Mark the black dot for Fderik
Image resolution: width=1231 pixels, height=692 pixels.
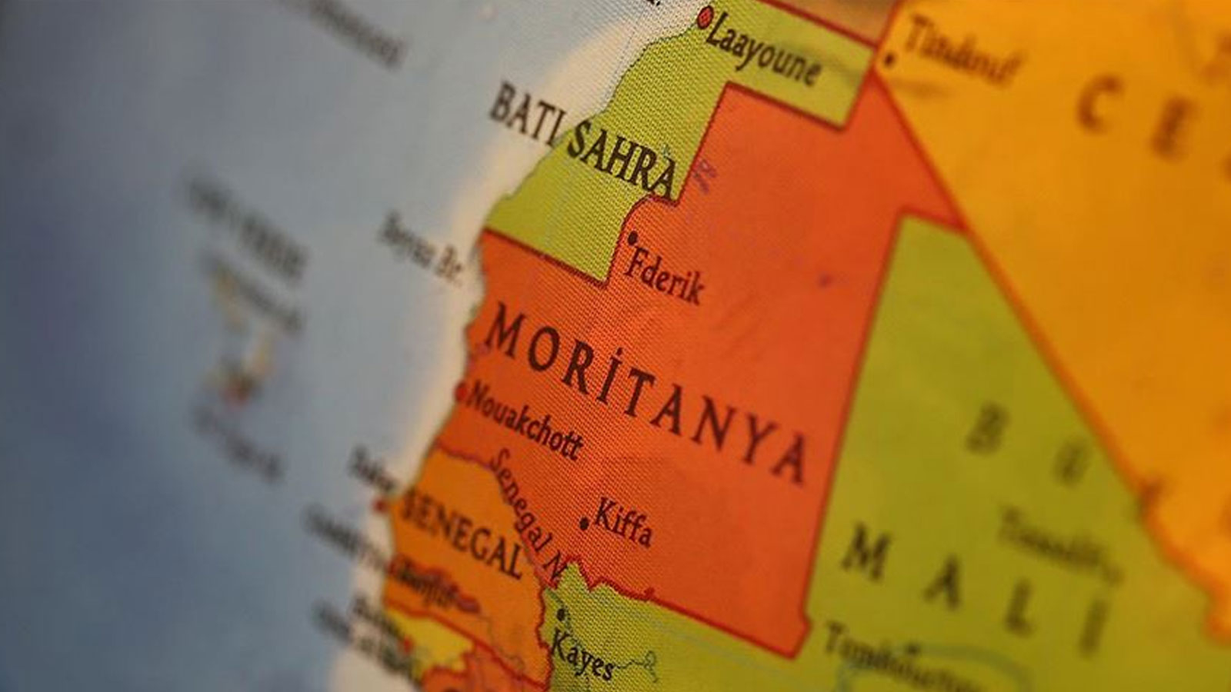(x=632, y=238)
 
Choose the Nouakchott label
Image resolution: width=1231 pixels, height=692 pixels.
(x=523, y=421)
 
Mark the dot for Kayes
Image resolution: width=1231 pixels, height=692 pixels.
(x=561, y=614)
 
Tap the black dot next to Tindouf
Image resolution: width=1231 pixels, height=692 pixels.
(x=890, y=58)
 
